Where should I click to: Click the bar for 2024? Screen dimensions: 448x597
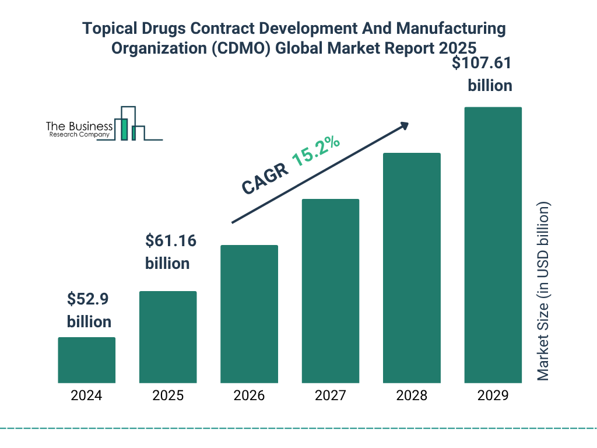click(x=86, y=360)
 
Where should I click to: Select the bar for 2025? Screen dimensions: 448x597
click(x=168, y=337)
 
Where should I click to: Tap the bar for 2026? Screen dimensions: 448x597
click(x=249, y=314)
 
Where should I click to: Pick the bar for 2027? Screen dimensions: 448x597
click(x=330, y=291)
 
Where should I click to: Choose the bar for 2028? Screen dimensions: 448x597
click(x=412, y=268)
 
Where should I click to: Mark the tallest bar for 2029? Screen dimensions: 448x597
click(x=493, y=245)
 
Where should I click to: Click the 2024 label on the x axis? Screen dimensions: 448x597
click(x=86, y=395)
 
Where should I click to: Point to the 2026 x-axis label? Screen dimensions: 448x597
click(x=249, y=395)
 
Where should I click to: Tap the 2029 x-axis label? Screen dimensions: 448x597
click(x=493, y=395)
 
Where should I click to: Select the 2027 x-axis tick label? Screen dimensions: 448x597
click(x=330, y=395)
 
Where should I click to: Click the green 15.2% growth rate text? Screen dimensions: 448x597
click(x=316, y=151)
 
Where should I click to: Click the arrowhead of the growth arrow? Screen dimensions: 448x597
click(x=404, y=125)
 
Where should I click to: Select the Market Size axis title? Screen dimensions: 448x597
click(x=543, y=291)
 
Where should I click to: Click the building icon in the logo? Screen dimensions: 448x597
click(x=131, y=124)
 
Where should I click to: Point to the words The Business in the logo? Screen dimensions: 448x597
click(x=79, y=127)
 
